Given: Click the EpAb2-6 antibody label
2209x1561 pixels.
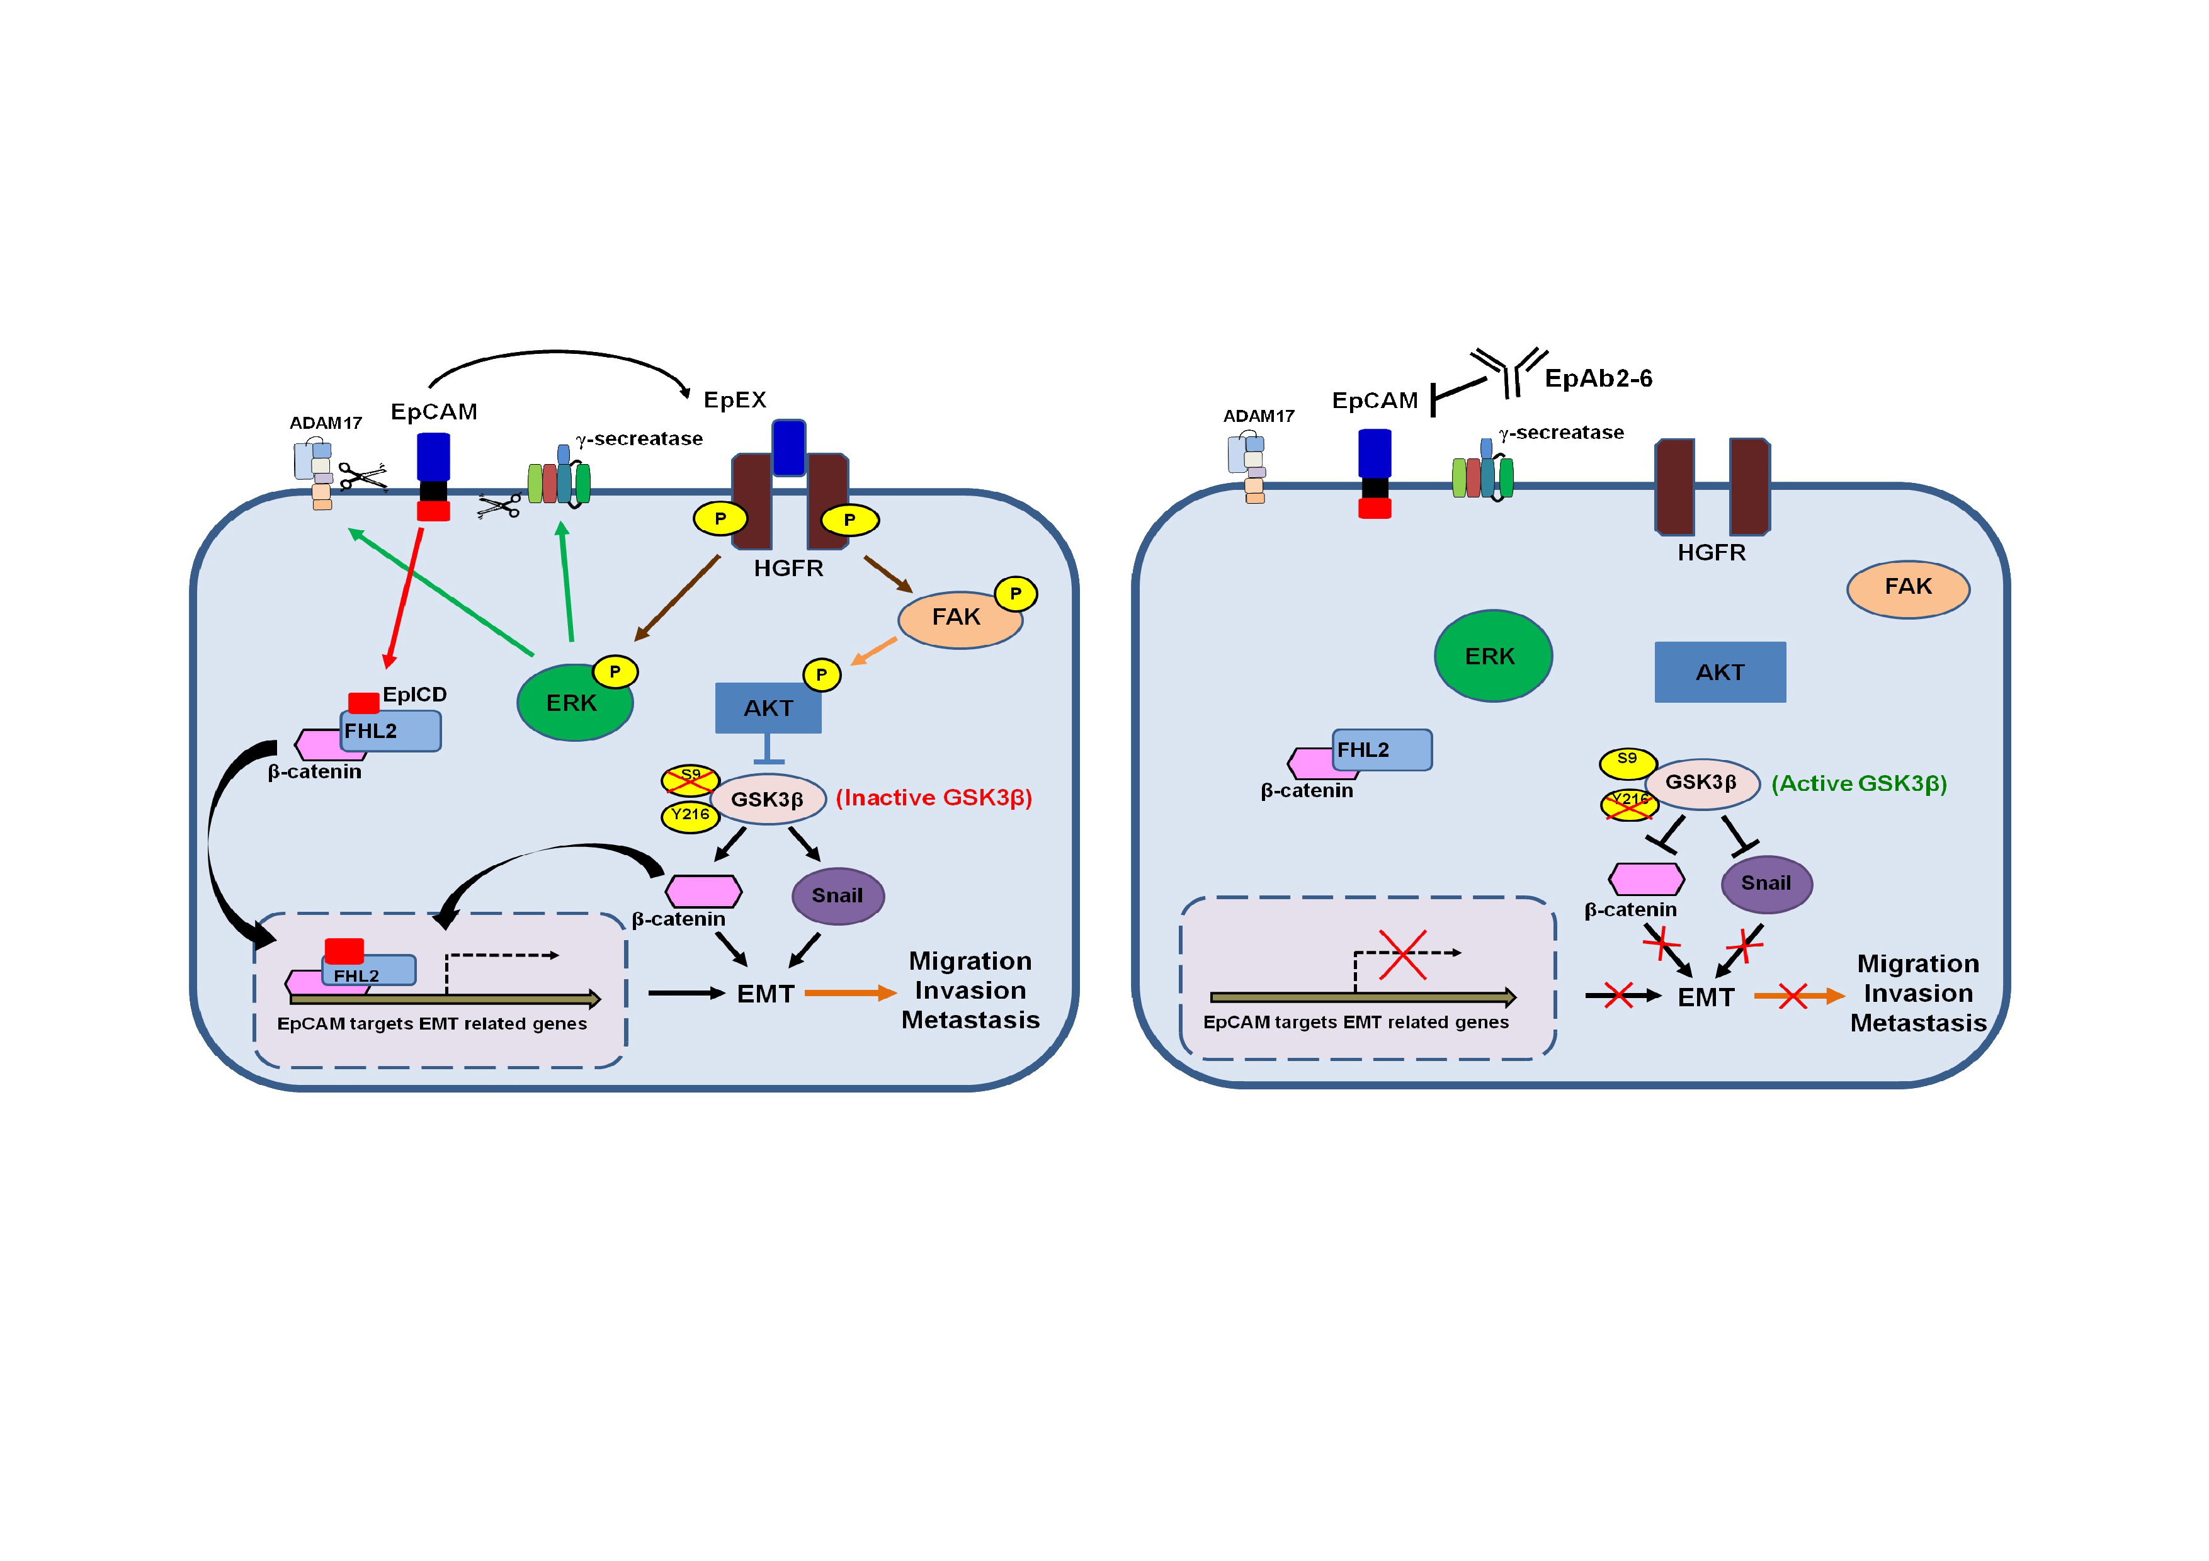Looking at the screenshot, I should (x=1598, y=379).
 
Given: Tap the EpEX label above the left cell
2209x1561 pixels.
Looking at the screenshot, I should (x=734, y=400).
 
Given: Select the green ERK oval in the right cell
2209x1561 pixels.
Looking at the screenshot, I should (x=1492, y=656).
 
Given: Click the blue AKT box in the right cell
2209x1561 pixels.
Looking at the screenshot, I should (x=1719, y=673).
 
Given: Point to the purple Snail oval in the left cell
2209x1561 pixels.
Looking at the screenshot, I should (x=837, y=895).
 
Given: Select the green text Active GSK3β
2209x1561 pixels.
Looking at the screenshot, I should (x=1859, y=784).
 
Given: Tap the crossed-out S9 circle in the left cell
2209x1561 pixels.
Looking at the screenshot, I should (x=690, y=779).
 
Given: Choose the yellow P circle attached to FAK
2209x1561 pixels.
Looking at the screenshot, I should (x=1015, y=593).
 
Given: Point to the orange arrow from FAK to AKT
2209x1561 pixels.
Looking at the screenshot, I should (x=873, y=651).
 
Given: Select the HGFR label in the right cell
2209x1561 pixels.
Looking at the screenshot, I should (x=1711, y=553).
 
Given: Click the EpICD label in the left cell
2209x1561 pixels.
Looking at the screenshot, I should (x=415, y=695).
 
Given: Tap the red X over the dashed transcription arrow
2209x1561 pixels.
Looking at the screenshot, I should (x=1402, y=954).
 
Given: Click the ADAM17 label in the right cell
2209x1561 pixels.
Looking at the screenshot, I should (x=1258, y=416).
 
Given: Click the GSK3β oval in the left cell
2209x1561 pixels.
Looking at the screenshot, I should (x=768, y=799).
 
